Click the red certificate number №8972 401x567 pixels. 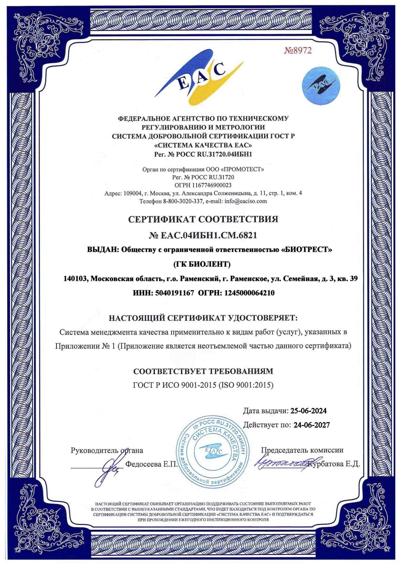[298, 50]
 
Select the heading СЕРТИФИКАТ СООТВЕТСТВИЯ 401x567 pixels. [203, 219]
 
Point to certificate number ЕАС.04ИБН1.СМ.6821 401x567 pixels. [209, 235]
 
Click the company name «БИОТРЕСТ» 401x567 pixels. [307, 250]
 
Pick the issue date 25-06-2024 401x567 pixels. [309, 411]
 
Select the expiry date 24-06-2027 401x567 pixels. [312, 425]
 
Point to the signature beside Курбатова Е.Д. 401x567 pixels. [281, 464]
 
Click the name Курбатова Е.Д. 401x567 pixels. [334, 464]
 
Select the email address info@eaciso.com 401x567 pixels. [246, 201]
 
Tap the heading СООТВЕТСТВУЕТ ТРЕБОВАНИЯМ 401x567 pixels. [203, 371]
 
